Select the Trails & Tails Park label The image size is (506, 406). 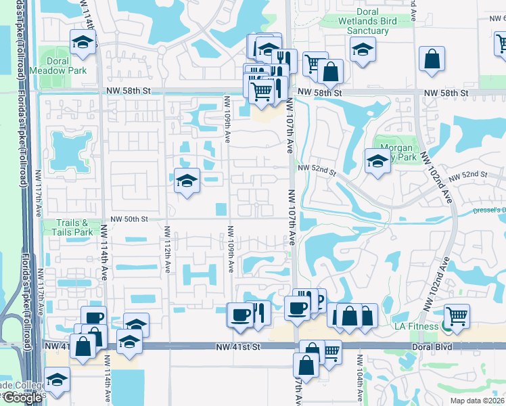point(72,227)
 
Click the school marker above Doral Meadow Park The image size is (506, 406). point(83,43)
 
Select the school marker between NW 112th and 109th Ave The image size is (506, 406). point(187,181)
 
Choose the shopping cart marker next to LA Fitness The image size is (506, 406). point(457,316)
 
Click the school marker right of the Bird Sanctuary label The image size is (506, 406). point(363,49)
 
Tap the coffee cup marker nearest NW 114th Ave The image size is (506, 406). point(94,319)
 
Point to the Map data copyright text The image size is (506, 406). point(477,401)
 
